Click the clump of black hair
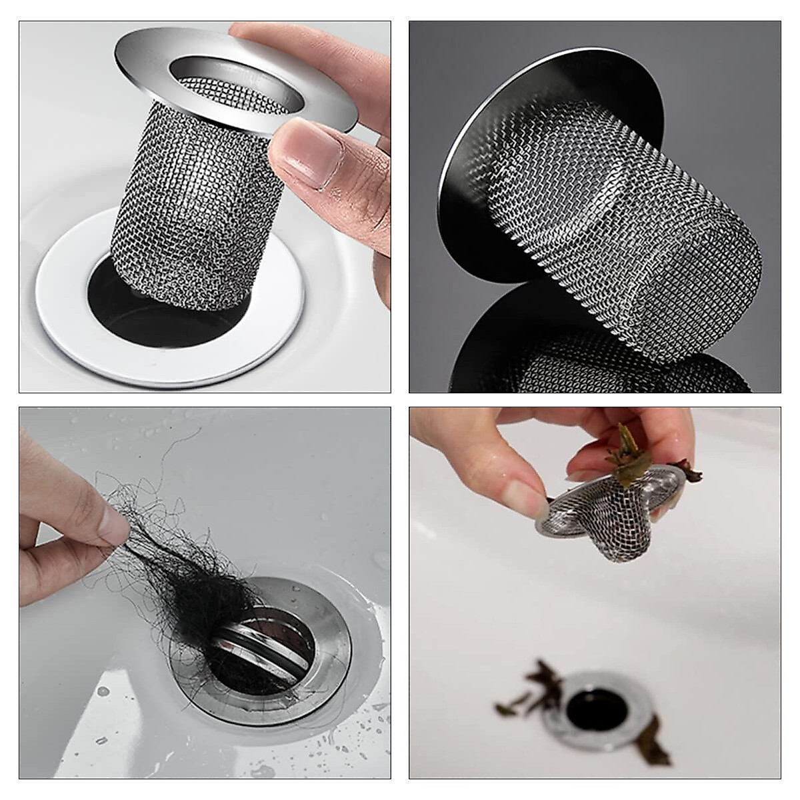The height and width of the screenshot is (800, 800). coord(193,593)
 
